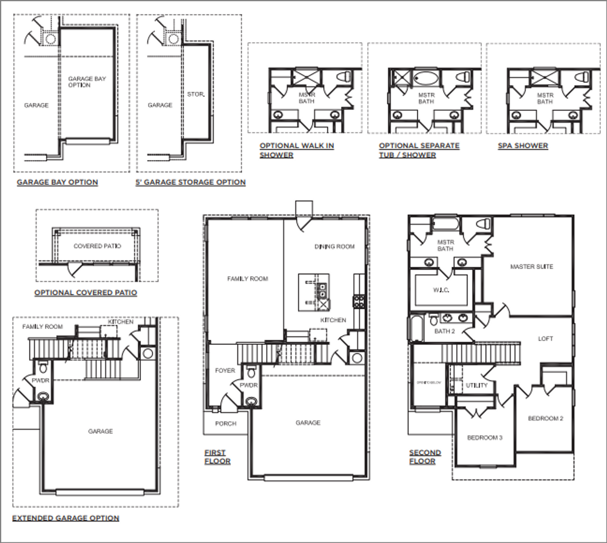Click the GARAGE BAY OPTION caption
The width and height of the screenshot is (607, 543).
57,182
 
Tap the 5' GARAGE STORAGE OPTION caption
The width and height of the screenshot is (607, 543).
191,182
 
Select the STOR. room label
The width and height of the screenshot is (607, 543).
196,94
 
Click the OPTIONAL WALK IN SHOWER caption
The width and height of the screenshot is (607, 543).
296,150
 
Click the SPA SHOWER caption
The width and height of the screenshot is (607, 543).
523,146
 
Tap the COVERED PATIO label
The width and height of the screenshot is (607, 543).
97,246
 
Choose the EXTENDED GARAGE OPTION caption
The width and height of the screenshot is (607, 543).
65,518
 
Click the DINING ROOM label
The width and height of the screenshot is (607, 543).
334,246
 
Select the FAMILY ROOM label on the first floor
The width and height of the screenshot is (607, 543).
248,279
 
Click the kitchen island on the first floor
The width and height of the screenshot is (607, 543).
313,292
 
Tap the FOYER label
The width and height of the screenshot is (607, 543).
225,371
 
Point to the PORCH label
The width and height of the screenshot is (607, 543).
226,424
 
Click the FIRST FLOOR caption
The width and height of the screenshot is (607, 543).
217,457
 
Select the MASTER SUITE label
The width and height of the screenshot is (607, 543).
532,267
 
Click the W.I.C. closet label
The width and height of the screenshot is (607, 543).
441,290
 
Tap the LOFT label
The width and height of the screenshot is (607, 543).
545,339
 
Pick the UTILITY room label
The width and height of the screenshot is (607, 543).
477,385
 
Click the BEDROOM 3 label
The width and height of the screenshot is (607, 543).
485,438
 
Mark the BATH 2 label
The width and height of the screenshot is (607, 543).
444,331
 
